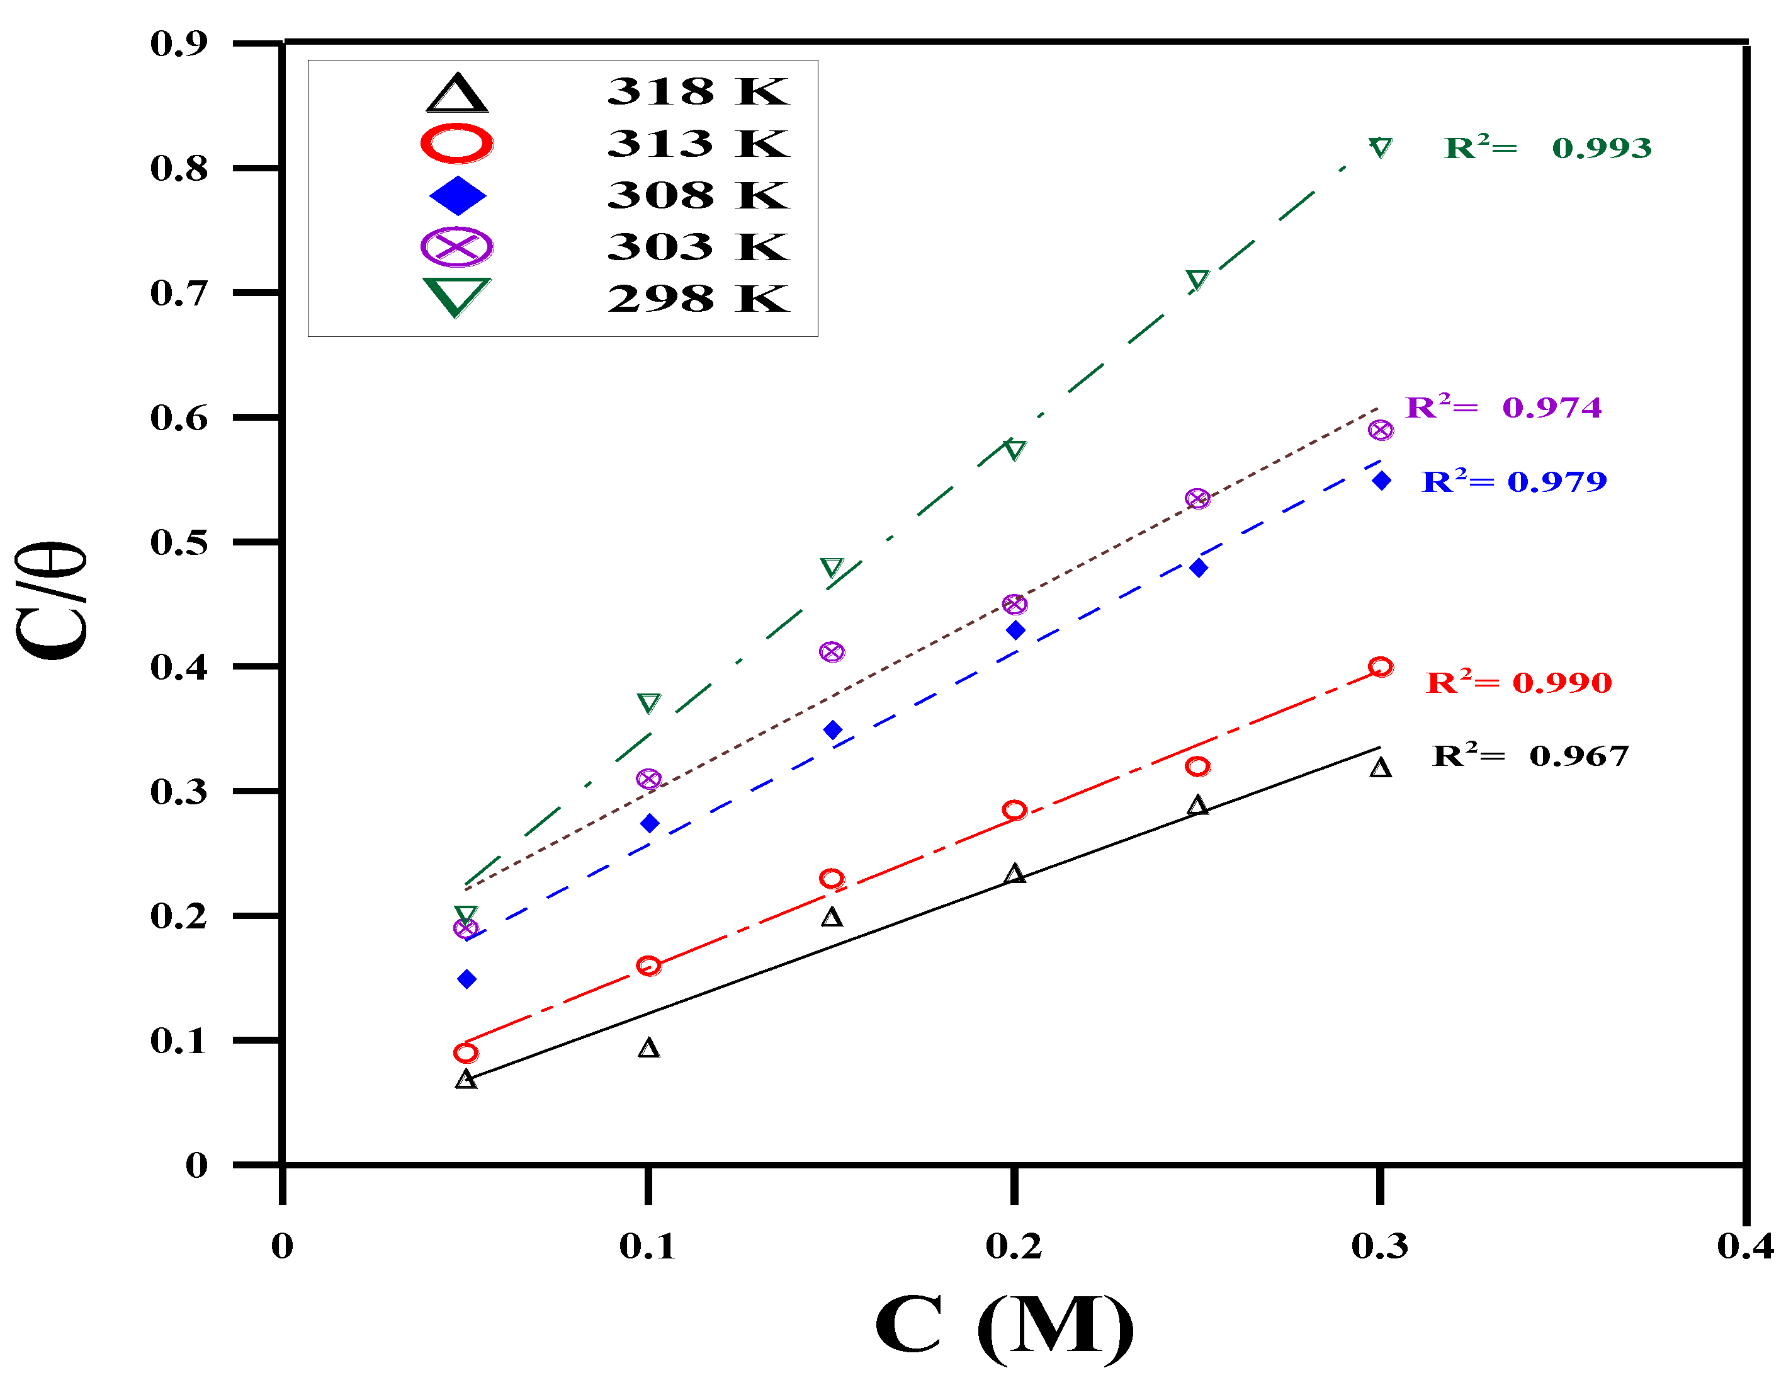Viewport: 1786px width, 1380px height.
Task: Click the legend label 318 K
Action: [698, 91]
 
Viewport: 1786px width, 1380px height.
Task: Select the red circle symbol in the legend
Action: [456, 144]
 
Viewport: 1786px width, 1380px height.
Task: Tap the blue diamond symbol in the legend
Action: [457, 195]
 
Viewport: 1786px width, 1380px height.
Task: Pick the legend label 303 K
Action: [698, 247]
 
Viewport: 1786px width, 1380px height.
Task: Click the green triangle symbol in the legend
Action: [456, 297]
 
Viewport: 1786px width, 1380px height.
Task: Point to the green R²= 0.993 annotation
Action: [1547, 148]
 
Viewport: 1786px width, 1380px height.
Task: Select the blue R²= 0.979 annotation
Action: [1513, 481]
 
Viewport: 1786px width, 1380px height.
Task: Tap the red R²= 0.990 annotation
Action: [1518, 681]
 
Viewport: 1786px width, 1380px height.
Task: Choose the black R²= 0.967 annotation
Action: [1530, 755]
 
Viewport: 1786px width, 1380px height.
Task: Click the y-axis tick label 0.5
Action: [179, 542]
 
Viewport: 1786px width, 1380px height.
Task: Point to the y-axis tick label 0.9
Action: [179, 43]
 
